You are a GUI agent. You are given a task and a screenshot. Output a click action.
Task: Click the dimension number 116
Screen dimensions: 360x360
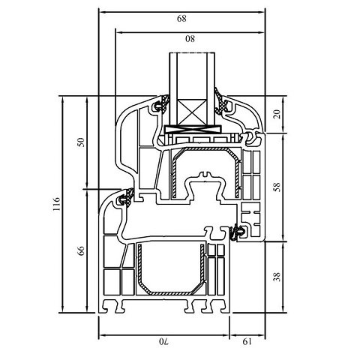coord(57,204)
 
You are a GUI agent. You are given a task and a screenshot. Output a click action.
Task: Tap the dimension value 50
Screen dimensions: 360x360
coord(81,142)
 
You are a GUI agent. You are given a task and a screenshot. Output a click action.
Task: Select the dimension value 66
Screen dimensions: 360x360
coord(81,250)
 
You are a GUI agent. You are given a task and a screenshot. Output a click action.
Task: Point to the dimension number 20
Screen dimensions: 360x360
coord(277,114)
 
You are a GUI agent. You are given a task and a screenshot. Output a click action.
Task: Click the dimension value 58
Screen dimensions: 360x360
coord(277,187)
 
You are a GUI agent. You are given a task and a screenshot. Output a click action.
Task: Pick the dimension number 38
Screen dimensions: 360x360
coord(277,277)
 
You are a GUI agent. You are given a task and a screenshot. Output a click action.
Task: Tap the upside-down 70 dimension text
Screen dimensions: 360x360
coord(163,341)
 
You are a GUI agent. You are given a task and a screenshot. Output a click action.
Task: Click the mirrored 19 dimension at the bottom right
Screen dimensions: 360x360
coord(247,341)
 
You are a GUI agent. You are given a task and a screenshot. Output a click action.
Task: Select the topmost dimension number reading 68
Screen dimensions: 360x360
coord(181,19)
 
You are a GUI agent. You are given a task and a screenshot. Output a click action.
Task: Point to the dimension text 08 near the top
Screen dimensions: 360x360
coord(190,39)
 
